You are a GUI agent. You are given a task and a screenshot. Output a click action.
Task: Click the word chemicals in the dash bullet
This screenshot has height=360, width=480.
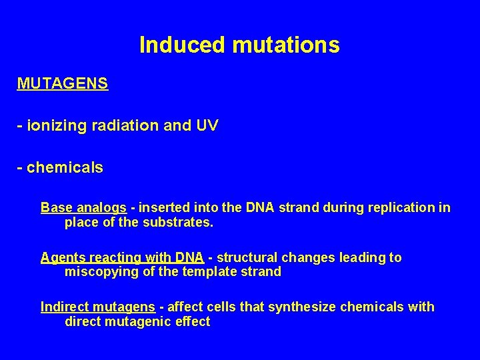point(65,167)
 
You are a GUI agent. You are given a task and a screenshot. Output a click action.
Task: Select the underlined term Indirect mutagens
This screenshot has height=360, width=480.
point(98,307)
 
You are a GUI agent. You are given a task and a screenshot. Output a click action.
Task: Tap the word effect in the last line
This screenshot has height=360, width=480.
point(193,321)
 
